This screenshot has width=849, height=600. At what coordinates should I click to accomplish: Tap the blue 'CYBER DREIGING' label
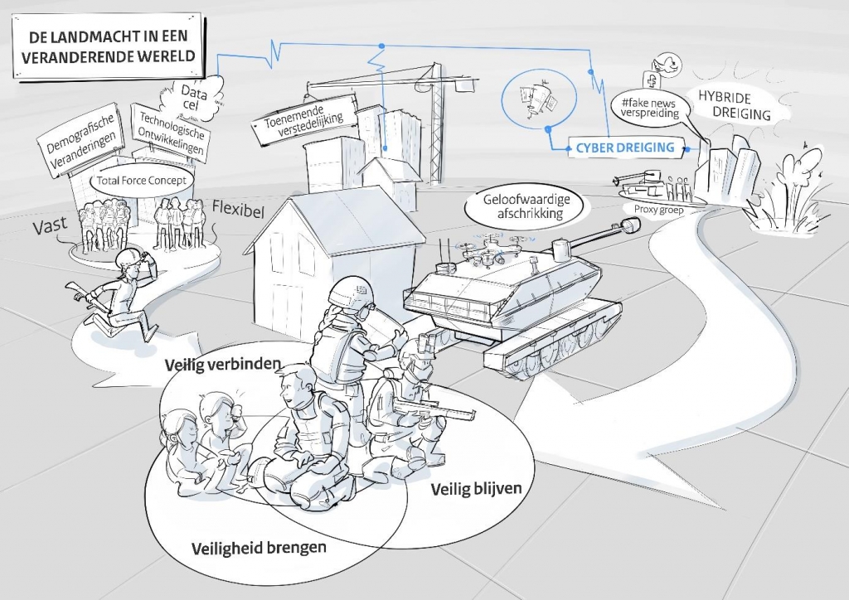coord(625,148)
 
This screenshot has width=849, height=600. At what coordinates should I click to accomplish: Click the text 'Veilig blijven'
coord(477,489)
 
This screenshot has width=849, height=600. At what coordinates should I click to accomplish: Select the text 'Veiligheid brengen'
coord(259,548)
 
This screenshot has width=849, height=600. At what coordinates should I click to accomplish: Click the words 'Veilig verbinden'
coord(222,365)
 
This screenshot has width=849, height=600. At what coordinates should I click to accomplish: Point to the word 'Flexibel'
coord(238,210)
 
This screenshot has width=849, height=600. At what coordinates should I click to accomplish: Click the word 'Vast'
coord(51,225)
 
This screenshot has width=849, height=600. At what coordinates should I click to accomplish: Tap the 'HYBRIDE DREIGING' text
coord(733,105)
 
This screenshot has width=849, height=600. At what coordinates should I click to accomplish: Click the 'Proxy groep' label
coord(658,210)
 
